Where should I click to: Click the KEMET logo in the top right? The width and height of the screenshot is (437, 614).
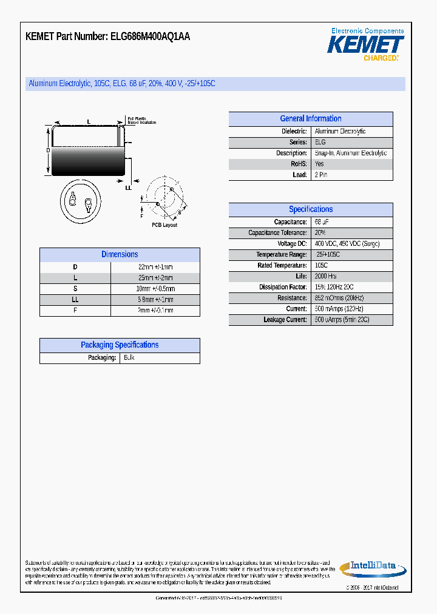coord(365,45)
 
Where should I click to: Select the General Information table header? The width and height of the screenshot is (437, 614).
coord(310,119)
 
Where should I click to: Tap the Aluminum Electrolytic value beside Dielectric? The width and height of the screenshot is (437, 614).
coord(340,132)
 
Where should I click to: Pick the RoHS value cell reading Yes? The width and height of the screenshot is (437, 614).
coord(319,164)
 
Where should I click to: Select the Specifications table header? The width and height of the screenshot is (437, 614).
coord(310,209)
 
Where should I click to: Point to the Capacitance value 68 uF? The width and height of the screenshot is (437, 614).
coord(322,222)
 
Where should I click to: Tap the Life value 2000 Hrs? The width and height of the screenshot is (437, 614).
coord(326,276)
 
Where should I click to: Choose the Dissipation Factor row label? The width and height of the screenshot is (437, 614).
coord(283,287)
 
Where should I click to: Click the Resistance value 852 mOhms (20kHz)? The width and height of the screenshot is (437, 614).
coord(339,298)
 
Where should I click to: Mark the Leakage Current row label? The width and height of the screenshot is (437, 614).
coord(285,320)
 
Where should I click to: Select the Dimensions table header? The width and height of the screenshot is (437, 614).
coord(120,255)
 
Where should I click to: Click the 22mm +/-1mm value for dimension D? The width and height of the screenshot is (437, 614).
coord(155,267)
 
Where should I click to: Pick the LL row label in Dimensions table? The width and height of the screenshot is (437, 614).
coord(75,300)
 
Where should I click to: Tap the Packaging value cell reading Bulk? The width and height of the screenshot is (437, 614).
coord(129,358)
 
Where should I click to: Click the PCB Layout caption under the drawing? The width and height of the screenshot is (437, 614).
coord(164,225)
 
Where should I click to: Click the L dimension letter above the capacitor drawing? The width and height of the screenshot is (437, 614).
coord(89,122)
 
